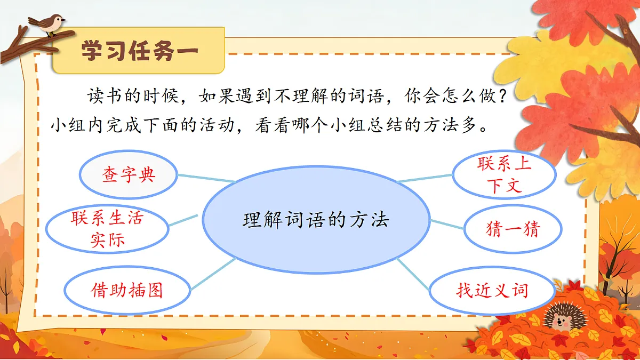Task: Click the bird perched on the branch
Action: [47, 24]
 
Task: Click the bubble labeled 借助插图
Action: [127, 291]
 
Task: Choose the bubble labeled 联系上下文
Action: [504, 174]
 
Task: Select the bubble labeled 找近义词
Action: [492, 291]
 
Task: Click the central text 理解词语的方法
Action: [316, 219]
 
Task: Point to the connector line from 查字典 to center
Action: [206, 178]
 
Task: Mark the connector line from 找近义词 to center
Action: [413, 274]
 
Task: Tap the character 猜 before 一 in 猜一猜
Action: [494, 229]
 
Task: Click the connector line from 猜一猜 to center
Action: [447, 225]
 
